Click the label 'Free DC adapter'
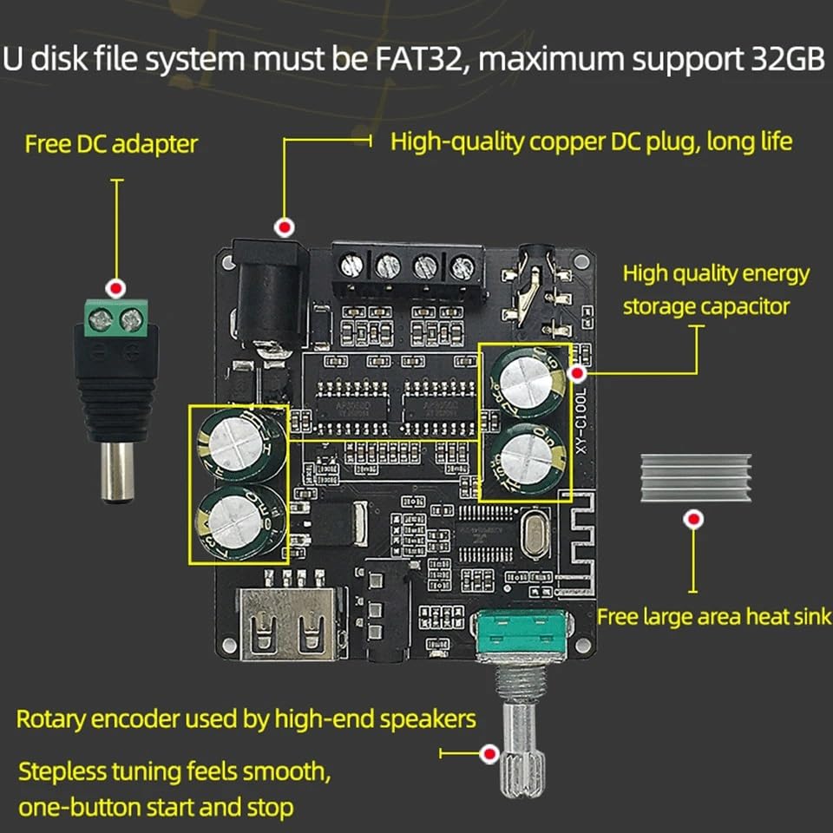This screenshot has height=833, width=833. point(111,143)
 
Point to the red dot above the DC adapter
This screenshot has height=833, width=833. point(115,287)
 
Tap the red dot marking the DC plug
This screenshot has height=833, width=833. point(282,227)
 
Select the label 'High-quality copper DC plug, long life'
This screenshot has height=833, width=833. point(591,141)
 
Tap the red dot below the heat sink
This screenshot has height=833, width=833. point(693,520)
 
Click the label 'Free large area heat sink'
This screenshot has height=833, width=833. point(713,617)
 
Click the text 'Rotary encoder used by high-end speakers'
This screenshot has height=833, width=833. point(246,719)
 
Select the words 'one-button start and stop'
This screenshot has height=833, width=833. point(156,807)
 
